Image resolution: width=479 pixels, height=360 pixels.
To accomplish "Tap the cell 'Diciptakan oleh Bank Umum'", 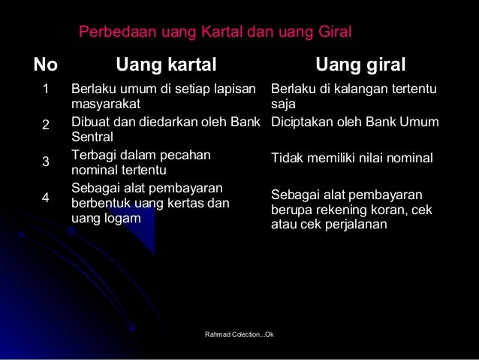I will [354, 123].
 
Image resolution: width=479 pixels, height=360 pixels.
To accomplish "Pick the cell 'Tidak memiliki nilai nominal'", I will [351, 159].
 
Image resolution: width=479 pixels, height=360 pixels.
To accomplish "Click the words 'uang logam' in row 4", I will [105, 218].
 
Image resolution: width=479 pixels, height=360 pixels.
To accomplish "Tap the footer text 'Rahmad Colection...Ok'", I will [239, 332].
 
